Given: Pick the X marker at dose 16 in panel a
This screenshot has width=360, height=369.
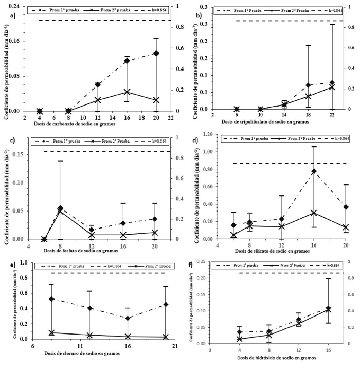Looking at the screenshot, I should pyautogui.click(x=127, y=92).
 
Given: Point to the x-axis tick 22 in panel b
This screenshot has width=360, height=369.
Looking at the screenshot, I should pyautogui.click(x=332, y=115).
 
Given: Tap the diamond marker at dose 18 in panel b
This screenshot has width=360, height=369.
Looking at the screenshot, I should pyautogui.click(x=309, y=85).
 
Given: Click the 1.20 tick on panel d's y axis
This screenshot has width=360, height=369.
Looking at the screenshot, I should pyautogui.click(x=208, y=134).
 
